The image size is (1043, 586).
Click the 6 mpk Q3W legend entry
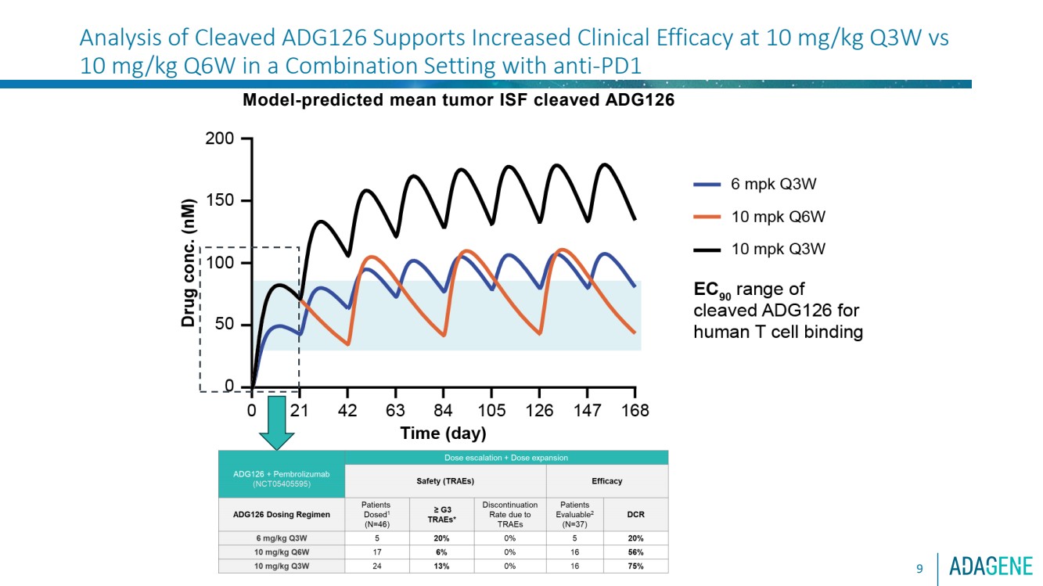pos(773,185)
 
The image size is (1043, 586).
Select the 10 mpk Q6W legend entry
pos(778,217)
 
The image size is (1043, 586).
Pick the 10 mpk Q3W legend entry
pos(778,250)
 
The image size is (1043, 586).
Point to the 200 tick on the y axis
pos(219,139)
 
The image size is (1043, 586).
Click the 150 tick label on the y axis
pos(219,201)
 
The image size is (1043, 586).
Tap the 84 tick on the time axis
pos(444,411)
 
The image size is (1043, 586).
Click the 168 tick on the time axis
pos(635,411)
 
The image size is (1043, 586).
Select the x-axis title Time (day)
pos(443,433)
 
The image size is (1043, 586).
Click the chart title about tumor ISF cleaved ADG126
pos(458,100)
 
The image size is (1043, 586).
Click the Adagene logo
pos(991,566)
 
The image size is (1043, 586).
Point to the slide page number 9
pos(920,566)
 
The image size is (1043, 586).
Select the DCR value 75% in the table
pos(635,566)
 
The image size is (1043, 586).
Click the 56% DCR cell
pos(635,552)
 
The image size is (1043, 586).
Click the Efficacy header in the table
pos(606,481)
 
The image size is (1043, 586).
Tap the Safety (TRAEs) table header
pos(444,481)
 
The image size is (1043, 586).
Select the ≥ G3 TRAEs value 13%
pos(443,566)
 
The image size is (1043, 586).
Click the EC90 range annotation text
pos(778,311)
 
